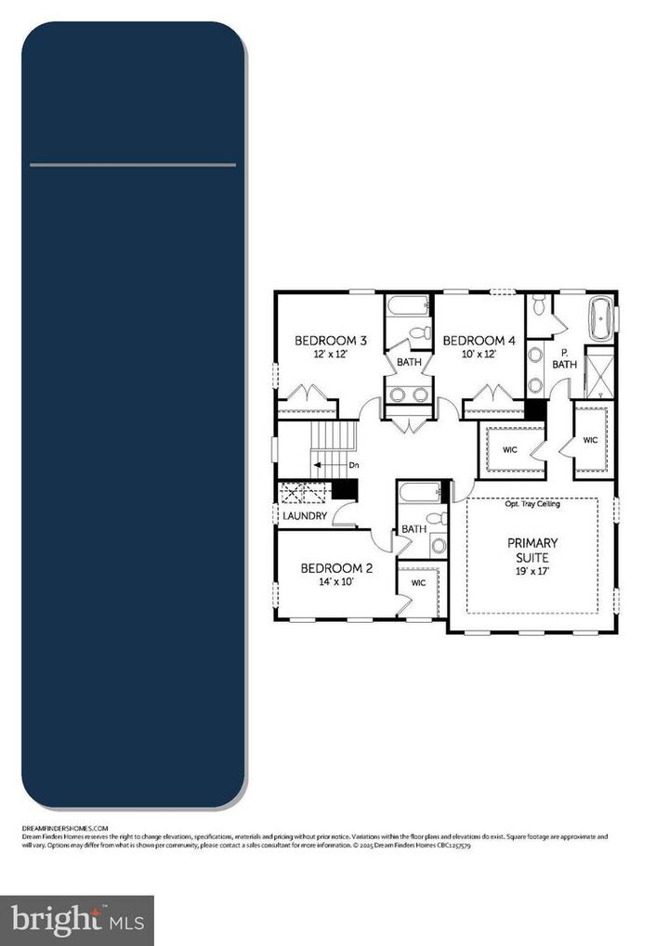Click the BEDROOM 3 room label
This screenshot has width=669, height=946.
331,341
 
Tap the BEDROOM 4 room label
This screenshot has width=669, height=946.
479,341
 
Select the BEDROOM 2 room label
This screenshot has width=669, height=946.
336,568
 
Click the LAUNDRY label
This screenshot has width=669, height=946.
305,515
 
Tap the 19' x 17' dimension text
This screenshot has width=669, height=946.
532,573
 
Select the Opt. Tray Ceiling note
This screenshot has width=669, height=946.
531,505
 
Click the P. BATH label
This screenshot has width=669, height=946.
565,358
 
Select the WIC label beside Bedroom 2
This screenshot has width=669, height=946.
418,583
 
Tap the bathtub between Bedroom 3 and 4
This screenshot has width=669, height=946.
409,305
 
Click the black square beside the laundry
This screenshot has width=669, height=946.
345,489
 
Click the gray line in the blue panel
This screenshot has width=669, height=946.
133,165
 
